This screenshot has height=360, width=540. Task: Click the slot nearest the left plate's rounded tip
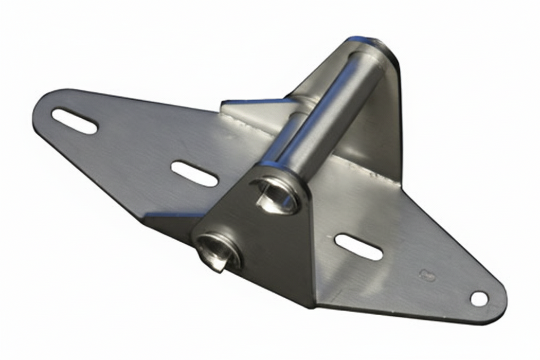coord(75,121)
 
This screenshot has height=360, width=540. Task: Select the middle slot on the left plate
coord(194,174)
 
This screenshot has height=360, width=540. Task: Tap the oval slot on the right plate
coord(358,247)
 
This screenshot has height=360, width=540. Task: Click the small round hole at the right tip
coord(479,298)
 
